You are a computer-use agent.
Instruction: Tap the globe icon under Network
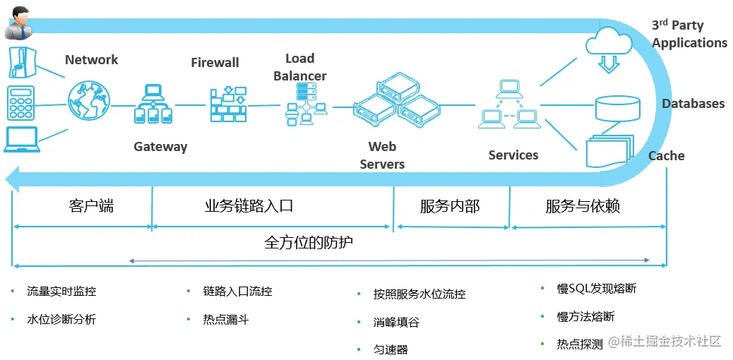pos(90,100)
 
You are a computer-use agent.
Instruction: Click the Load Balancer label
pos(300,67)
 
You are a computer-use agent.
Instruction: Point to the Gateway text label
pos(160,147)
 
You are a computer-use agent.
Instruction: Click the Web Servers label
pos(382,155)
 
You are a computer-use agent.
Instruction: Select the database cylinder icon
pos(617,106)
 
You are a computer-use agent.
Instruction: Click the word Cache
pos(666,156)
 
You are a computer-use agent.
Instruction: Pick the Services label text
pos(513,155)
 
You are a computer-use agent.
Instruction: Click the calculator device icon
pos(20,103)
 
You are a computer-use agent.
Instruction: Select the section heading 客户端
pos(91,206)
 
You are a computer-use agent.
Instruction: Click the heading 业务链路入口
pos(249,206)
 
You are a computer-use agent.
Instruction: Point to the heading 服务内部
pos(450,206)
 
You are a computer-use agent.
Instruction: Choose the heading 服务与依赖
pos(583,206)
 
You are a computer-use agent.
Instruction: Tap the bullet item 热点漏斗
pos(226,320)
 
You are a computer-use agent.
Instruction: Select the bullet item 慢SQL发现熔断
pos(597,289)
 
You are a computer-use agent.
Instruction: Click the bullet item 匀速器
pos(391,349)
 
